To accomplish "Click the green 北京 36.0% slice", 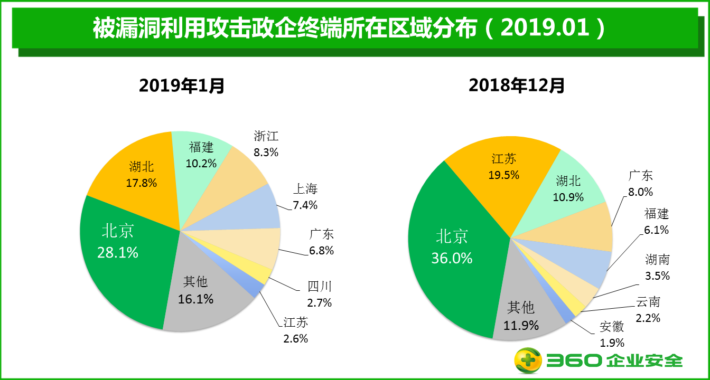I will pyautogui.click(x=452, y=248).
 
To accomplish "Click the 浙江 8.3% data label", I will pyautogui.click(x=266, y=144).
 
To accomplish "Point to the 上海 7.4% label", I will pyautogui.click(x=305, y=197).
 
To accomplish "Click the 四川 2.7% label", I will pyautogui.click(x=320, y=294).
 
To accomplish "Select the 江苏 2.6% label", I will pyautogui.click(x=295, y=330).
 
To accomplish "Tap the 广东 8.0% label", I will pyautogui.click(x=640, y=184).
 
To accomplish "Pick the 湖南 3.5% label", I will pyautogui.click(x=657, y=267).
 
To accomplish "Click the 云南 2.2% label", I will pyautogui.click(x=648, y=310).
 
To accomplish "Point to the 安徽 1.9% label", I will pyautogui.click(x=612, y=334).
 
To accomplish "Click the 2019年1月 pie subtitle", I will pyautogui.click(x=182, y=85).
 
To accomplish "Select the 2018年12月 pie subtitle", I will pyautogui.click(x=517, y=85).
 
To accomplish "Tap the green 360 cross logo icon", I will pyautogui.click(x=528, y=361).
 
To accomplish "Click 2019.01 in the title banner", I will pyautogui.click(x=545, y=27).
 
